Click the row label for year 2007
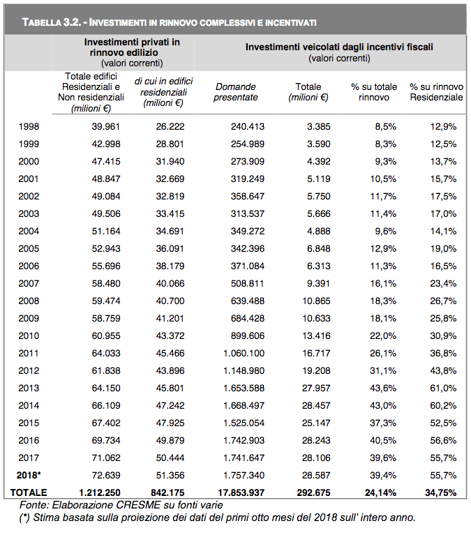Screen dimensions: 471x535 point(29,283)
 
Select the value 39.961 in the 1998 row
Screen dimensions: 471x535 point(106,126)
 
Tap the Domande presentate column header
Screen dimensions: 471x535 point(236,92)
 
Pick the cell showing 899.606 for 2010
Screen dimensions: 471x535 point(248,336)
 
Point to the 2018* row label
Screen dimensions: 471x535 point(29,475)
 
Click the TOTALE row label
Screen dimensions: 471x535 point(29,492)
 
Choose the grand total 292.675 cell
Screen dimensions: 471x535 point(314,492)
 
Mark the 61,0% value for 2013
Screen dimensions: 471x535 point(443,388)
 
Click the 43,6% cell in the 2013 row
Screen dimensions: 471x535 point(383,388)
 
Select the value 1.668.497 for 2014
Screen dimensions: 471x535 point(244,405)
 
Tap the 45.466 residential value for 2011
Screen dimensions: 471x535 point(170,353)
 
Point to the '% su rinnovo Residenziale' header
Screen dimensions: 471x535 point(437,92)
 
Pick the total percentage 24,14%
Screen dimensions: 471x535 point(380,492)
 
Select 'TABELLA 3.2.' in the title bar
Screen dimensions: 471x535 point(52,22)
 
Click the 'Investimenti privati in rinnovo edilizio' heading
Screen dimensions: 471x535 point(132,47)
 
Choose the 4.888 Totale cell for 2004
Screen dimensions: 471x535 point(318,231)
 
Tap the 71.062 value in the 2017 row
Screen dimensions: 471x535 point(106,458)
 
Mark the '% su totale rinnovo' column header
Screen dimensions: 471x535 point(374,92)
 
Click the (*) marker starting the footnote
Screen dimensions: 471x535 point(24,518)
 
